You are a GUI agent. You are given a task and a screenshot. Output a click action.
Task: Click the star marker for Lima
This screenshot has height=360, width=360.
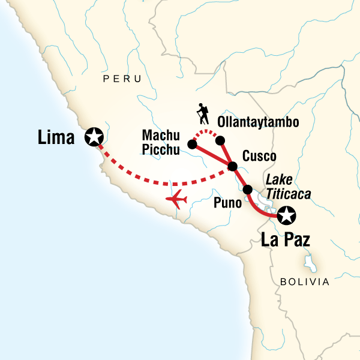(94, 137)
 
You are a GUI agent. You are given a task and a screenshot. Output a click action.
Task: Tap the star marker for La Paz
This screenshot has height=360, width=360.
(287, 214)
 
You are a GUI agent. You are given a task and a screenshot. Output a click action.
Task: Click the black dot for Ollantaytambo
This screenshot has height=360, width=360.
(220, 140)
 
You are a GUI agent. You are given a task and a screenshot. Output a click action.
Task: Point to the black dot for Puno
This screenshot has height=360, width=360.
(248, 190)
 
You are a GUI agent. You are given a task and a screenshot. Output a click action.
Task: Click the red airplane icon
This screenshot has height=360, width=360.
(178, 199)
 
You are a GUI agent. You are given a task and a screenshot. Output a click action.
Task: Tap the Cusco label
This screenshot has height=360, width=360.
(259, 157)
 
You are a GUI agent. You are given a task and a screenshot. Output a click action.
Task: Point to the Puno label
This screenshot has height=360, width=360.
(228, 202)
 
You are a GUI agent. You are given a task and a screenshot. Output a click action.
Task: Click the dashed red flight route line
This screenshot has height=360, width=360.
(162, 182)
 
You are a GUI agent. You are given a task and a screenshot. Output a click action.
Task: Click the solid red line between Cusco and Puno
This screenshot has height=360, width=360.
(240, 178)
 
